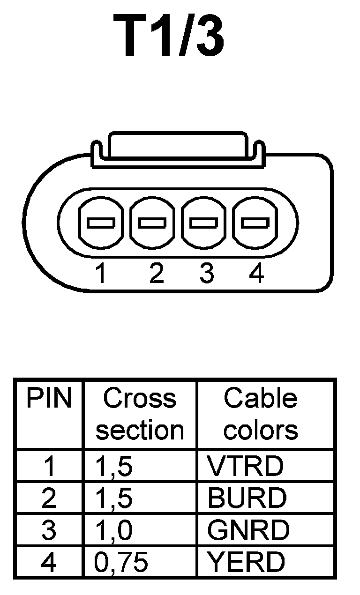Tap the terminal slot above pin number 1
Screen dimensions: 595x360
101,223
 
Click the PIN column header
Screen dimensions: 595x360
49,399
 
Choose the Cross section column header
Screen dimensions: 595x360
140,414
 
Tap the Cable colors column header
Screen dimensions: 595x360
261,414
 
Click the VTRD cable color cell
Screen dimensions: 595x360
246,466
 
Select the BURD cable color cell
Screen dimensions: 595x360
247,498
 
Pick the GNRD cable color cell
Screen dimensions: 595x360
248,530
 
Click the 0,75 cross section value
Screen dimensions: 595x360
121,563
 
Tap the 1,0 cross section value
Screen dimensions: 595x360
113,530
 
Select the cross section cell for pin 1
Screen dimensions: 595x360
113,466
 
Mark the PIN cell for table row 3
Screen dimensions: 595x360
49,530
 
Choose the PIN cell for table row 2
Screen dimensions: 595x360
49,498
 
